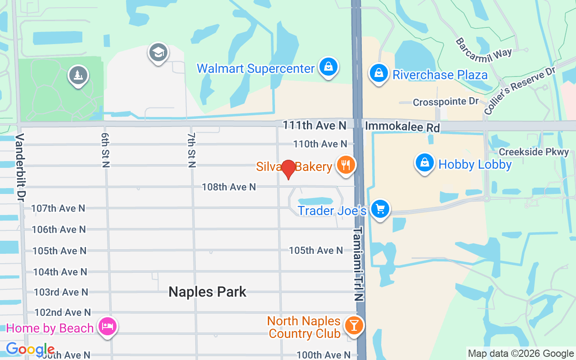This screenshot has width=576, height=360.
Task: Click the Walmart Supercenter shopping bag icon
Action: pos(328,67)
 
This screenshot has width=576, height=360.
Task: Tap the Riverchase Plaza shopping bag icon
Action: pos(379,73)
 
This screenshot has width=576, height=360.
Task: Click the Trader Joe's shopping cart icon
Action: pos(380,209)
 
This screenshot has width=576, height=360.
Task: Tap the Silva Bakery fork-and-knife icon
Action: pos(345,165)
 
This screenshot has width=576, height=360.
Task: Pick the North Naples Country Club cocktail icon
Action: pos(354,325)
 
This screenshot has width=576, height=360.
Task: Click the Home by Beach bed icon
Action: pos(107,327)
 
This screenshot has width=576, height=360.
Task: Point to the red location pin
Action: pos(288,169)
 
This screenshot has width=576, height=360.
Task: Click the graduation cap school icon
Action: pos(158,53)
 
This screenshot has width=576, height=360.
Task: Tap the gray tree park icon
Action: pos(78,75)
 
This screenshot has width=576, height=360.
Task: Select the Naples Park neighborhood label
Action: pos(207,292)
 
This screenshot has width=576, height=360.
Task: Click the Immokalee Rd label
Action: pos(402,127)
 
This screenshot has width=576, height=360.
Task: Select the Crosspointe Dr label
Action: pos(445,102)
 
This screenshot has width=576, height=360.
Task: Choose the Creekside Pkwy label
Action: pos(534,152)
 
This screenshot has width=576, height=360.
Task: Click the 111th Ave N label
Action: pos(315,125)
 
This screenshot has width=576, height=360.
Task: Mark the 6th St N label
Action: pos(105,150)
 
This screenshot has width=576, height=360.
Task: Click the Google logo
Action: pos(30,349)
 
